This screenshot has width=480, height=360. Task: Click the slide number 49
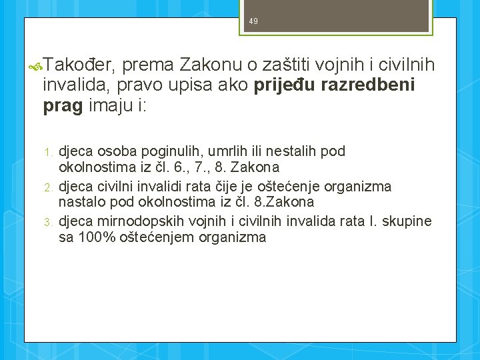[253, 22]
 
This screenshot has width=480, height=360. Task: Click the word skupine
[409, 221]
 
